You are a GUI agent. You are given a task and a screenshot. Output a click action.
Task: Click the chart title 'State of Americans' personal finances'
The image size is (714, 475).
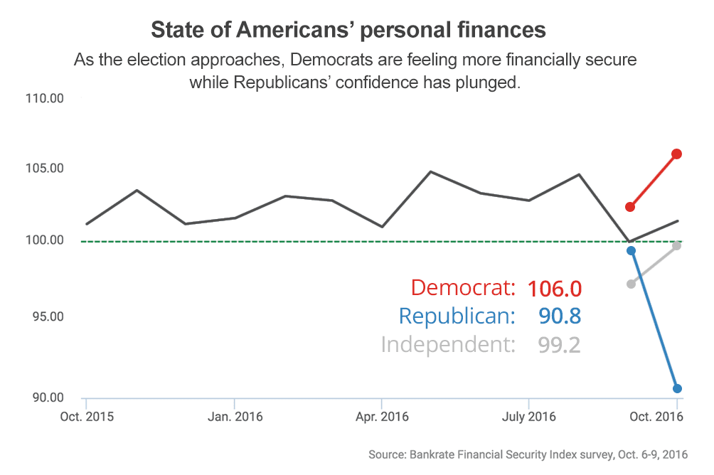click(348, 31)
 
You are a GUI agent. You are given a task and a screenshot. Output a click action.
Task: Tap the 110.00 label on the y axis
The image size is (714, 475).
click(43, 98)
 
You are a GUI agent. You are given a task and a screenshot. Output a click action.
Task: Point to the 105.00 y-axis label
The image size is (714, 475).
click(43, 169)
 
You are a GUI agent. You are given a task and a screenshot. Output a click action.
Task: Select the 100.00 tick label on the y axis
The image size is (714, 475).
click(43, 240)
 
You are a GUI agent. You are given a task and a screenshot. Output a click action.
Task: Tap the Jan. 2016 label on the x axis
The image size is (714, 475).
click(235, 417)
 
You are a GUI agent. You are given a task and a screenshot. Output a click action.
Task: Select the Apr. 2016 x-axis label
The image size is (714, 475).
click(382, 417)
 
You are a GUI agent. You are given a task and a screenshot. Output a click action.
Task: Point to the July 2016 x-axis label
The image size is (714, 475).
click(528, 417)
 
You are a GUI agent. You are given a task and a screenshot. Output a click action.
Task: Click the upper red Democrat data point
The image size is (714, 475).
click(677, 154)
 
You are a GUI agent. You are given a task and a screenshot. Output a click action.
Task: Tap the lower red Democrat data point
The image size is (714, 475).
click(630, 207)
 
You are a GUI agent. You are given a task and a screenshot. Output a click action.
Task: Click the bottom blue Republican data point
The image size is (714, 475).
click(677, 388)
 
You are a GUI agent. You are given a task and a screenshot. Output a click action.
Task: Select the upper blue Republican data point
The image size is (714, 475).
click(631, 250)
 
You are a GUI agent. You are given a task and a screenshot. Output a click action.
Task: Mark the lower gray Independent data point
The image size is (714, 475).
click(631, 284)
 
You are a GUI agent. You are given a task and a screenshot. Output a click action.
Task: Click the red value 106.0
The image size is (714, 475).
click(555, 289)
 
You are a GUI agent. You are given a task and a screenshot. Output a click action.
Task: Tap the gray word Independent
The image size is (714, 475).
click(448, 345)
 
